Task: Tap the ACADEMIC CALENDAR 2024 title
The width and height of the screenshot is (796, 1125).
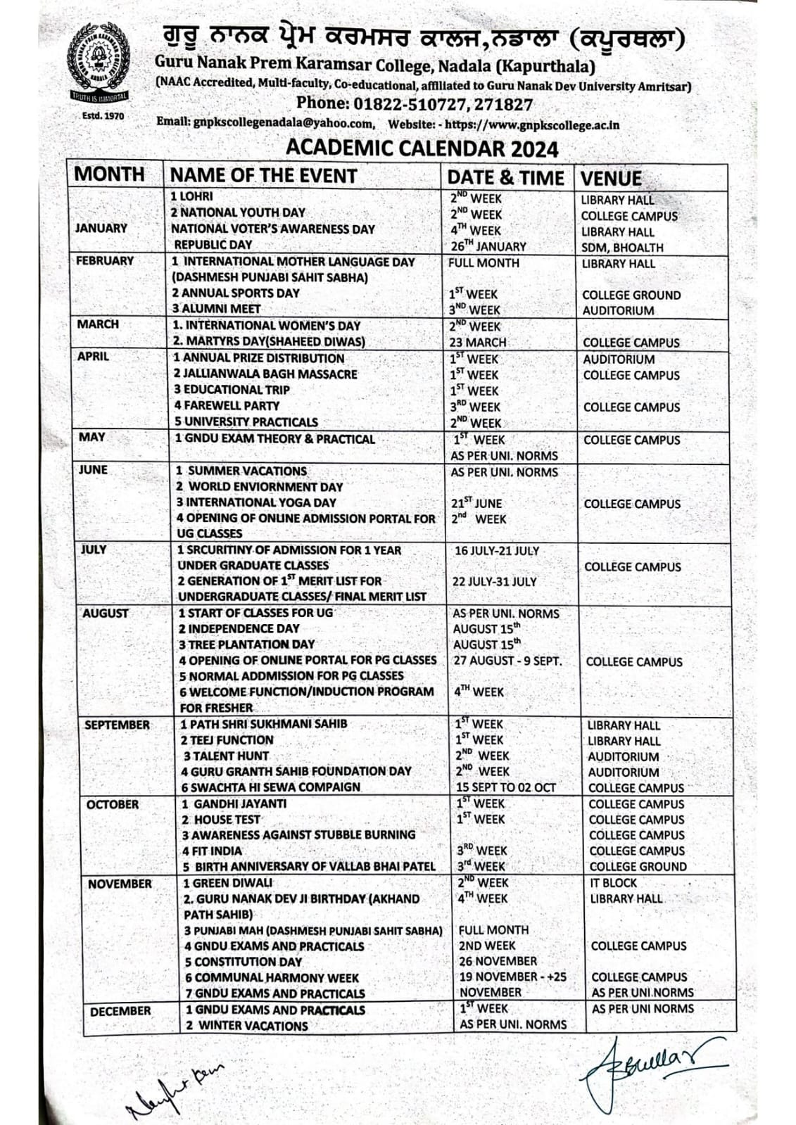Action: (x=422, y=148)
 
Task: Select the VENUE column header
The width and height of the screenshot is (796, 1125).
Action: (x=611, y=177)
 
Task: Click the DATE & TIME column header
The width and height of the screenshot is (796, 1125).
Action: (x=505, y=177)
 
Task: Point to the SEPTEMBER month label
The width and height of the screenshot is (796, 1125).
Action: (x=118, y=725)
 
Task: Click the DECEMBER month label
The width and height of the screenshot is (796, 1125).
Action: (x=120, y=1011)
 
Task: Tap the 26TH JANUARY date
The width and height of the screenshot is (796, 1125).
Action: (x=488, y=246)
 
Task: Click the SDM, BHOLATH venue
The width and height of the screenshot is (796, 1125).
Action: (x=622, y=248)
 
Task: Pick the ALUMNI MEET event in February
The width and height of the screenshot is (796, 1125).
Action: (x=217, y=309)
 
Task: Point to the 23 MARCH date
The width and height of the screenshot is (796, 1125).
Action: (x=478, y=342)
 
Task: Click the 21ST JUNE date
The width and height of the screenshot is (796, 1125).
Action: (x=476, y=504)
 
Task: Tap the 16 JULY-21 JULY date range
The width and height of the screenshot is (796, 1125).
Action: (x=496, y=550)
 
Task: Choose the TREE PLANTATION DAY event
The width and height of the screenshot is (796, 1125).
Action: (x=246, y=644)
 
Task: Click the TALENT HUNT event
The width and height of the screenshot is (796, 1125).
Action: (x=225, y=756)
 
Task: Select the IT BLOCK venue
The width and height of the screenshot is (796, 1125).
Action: (x=613, y=882)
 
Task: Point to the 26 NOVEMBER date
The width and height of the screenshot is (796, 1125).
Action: (x=497, y=961)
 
